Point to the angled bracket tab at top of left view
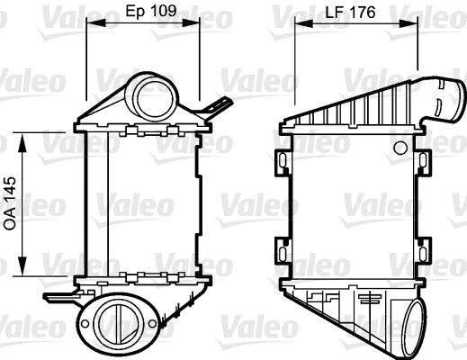coord(215,108)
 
